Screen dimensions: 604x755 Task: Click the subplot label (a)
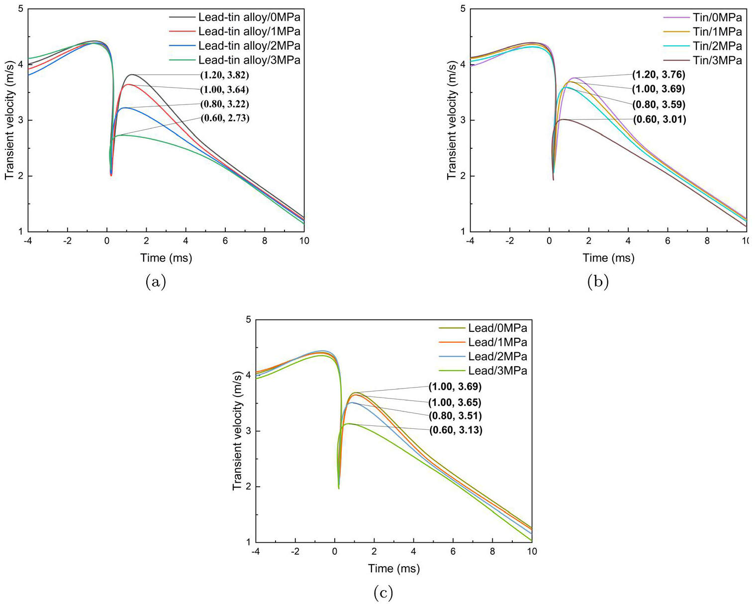tap(155, 282)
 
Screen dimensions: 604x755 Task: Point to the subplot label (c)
tap(383, 593)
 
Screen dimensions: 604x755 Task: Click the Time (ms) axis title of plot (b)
tap(608, 258)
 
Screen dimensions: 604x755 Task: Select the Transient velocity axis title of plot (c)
tap(238, 431)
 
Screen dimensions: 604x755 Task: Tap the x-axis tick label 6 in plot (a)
tap(225, 241)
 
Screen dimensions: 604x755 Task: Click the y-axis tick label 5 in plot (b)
tap(463, 9)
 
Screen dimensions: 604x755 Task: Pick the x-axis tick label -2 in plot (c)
tap(295, 551)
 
